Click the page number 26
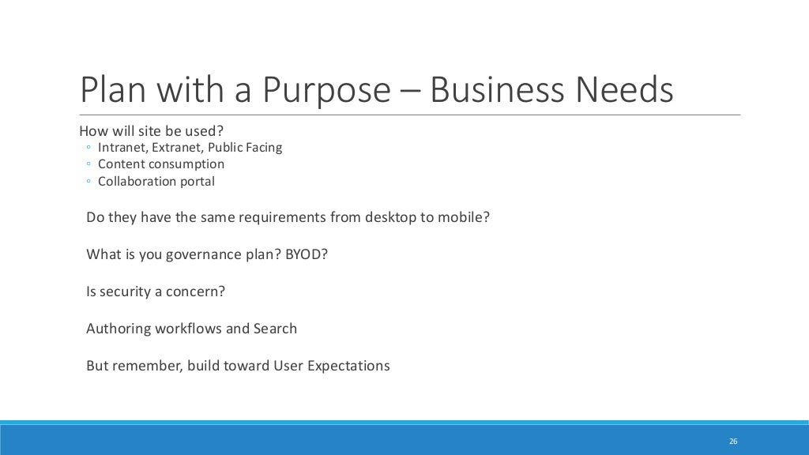click(733, 441)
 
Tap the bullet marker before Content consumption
click(88, 164)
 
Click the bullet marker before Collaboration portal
click(88, 182)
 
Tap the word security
click(125, 291)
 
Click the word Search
click(275, 329)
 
